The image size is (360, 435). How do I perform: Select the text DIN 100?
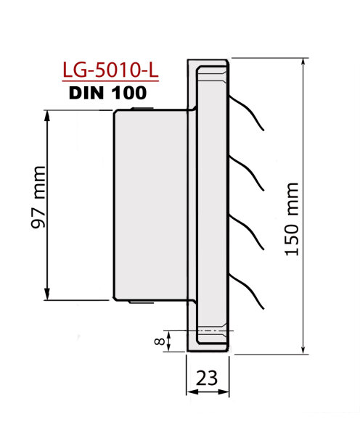coord(107,94)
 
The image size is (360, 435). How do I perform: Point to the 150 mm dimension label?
coord(292,218)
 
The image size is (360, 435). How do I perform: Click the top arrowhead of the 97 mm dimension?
coord(47,115)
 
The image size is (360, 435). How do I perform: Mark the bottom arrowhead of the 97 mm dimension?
coord(47,296)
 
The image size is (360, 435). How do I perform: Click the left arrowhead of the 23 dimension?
coord(191,392)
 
